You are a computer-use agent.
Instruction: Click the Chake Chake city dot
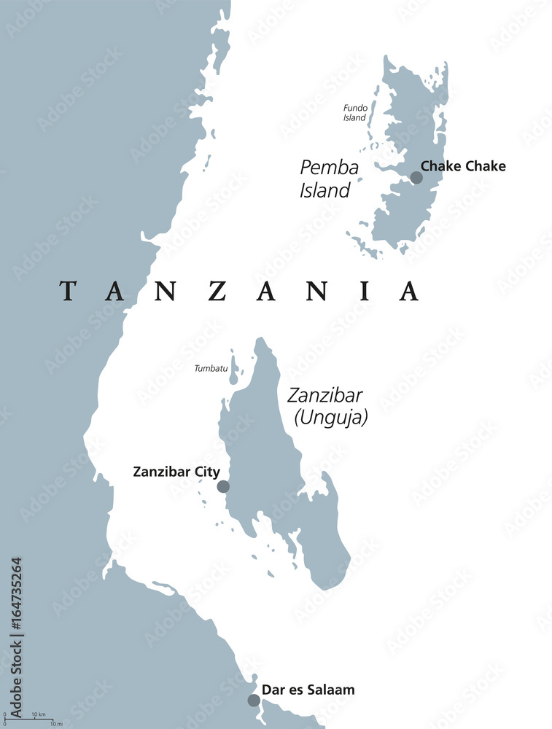point(416,177)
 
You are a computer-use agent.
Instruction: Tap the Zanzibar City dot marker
point(223,486)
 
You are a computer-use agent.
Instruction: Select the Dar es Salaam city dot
point(254,700)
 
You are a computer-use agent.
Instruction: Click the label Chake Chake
point(463,166)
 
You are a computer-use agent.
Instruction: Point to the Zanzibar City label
point(176,472)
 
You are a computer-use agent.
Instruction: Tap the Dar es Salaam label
point(311,689)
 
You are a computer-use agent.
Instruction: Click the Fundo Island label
point(356,113)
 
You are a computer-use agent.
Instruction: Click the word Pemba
point(330,168)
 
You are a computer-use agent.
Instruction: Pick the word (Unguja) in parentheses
point(331,418)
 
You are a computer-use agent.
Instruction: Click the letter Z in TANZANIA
point(217,291)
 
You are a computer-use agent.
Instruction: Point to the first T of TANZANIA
point(69,291)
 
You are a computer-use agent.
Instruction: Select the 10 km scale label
point(39,714)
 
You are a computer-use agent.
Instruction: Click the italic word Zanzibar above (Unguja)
point(325,396)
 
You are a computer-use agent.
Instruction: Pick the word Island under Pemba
point(324,191)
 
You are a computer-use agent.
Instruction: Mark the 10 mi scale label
point(56,724)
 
